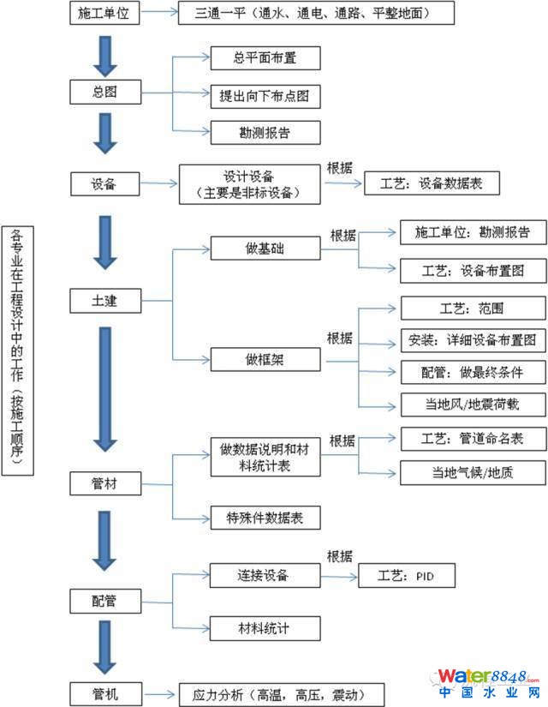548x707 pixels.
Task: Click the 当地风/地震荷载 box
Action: point(473,404)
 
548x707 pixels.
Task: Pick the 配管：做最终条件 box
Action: point(473,372)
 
